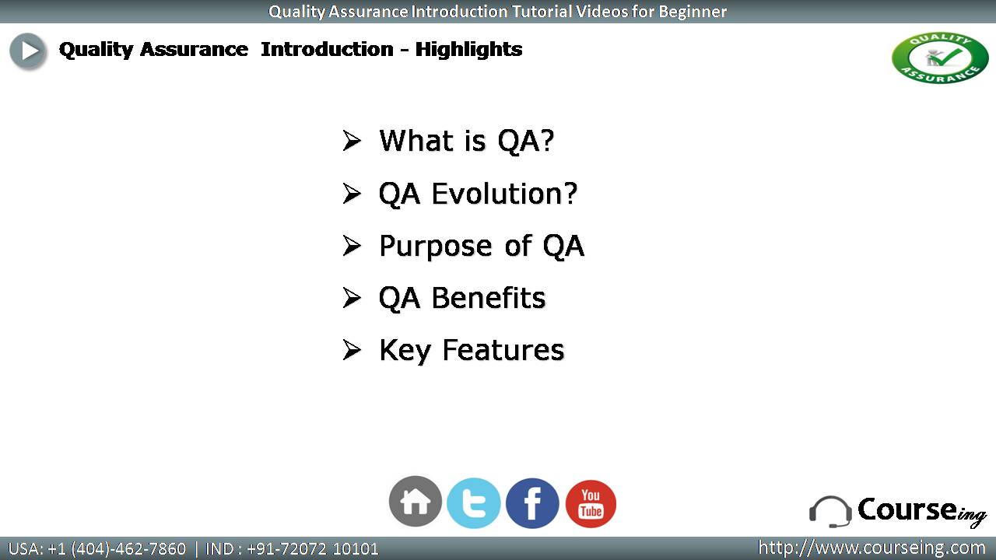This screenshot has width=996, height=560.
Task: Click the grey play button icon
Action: [x=27, y=51]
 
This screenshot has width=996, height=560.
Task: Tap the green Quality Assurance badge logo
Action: [x=940, y=58]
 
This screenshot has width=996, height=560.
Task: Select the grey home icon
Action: [x=416, y=502]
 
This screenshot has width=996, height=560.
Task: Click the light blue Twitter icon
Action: [x=474, y=503]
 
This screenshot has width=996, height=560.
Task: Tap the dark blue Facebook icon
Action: [x=532, y=503]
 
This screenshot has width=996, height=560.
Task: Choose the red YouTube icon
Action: [x=591, y=503]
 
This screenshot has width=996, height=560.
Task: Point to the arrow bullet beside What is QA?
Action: [x=352, y=141]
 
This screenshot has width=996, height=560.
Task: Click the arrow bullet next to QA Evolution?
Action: [x=352, y=194]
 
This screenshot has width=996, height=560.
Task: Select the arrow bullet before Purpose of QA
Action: [x=352, y=246]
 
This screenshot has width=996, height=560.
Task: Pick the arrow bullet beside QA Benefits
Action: [x=352, y=298]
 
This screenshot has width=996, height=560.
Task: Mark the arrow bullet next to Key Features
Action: [x=352, y=350]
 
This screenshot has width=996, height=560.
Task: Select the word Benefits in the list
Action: [x=488, y=298]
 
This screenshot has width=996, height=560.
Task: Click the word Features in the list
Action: [x=503, y=350]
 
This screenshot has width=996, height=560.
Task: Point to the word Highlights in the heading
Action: [x=468, y=50]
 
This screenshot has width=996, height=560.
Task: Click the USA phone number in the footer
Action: [x=117, y=549]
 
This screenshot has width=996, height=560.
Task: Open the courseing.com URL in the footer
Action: [x=871, y=548]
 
